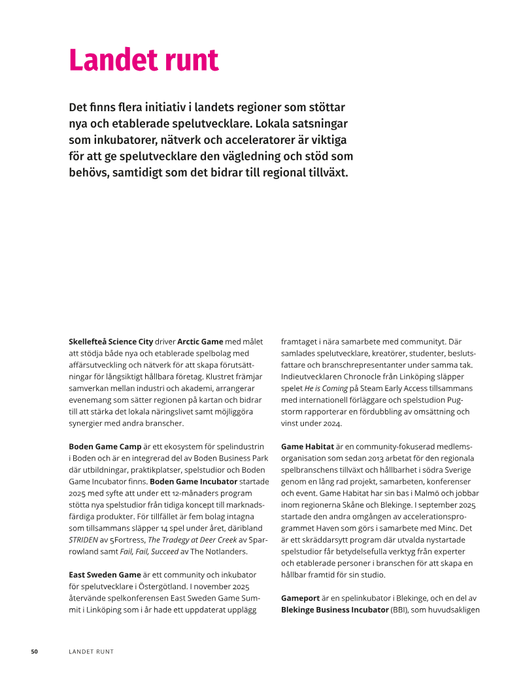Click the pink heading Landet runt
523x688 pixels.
pos(143,60)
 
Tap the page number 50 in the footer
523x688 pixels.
pos(35,651)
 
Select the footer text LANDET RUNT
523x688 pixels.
pos(92,651)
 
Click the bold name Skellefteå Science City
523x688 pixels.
pos(110,341)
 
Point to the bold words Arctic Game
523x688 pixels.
pos(200,341)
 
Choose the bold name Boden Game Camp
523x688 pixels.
pos(105,446)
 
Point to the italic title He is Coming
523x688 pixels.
pos(326,388)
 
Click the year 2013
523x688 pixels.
pos(386,458)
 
